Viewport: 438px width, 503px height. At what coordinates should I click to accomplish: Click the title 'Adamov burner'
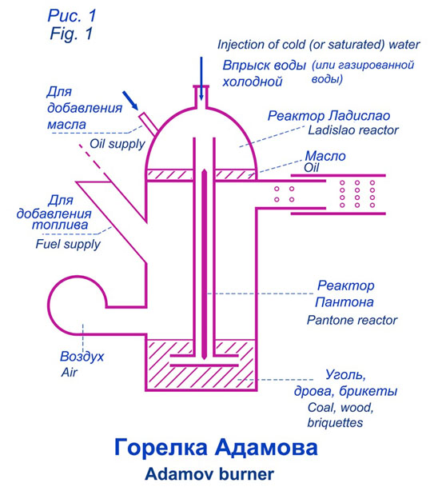[x=209, y=474]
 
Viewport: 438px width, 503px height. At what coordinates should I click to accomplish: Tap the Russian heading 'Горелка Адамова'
[x=216, y=447]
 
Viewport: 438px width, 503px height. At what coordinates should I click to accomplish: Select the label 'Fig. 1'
[x=71, y=33]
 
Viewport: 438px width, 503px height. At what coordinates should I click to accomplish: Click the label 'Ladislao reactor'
[x=353, y=130]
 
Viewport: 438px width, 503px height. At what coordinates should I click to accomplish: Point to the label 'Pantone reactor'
[x=352, y=320]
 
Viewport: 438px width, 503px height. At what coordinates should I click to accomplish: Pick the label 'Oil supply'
[x=117, y=144]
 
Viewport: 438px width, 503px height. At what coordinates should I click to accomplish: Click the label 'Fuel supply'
[x=68, y=244]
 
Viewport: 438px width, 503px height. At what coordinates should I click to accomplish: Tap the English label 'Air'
[x=70, y=372]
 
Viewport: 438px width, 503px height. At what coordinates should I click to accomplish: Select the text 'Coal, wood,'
[x=340, y=407]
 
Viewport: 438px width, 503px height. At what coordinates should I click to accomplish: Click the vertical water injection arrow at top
[x=201, y=78]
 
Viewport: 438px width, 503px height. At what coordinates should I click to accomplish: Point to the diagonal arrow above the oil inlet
[x=130, y=101]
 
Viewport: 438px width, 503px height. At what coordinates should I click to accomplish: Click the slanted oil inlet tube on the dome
[x=148, y=123]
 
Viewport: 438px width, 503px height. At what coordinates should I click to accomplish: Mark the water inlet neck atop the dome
[x=201, y=97]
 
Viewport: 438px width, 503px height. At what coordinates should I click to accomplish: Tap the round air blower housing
[x=78, y=305]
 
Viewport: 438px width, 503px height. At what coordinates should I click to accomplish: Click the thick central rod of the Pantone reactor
[x=204, y=265]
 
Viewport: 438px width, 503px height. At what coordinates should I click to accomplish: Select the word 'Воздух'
[x=82, y=357]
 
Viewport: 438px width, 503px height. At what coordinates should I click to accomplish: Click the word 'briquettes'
[x=335, y=422]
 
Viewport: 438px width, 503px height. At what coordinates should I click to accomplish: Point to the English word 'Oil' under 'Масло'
[x=312, y=167]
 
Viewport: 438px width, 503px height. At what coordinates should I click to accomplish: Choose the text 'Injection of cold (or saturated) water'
[x=318, y=45]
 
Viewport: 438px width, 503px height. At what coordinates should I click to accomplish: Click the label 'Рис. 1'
[x=72, y=16]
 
